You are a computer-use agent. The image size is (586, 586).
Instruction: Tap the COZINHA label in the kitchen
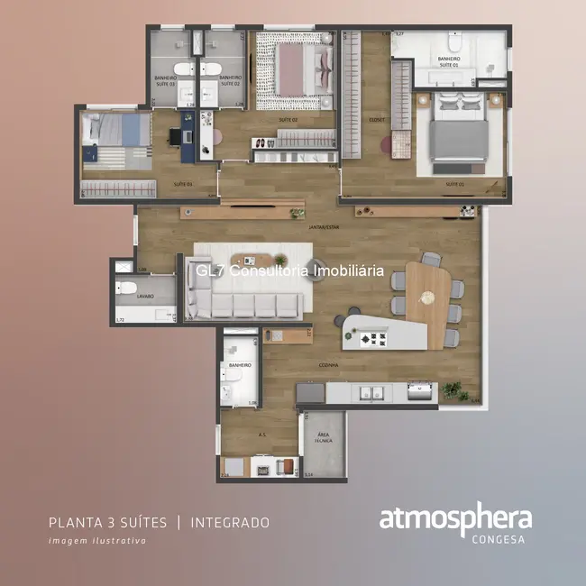(327, 365)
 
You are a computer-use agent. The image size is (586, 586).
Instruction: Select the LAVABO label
(145, 296)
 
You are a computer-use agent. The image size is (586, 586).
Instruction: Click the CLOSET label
(377, 118)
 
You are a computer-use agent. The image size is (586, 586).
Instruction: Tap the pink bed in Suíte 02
(296, 70)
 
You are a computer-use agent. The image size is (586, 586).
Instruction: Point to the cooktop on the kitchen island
(372, 340)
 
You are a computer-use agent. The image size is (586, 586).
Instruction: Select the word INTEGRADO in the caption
(230, 522)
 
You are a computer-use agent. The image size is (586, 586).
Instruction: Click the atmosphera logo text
(454, 520)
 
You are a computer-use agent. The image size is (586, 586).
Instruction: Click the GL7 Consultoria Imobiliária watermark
(289, 270)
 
